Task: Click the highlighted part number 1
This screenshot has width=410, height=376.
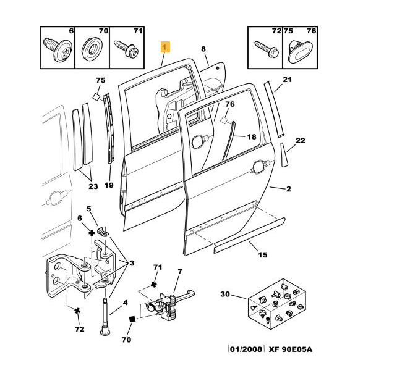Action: tap(165, 46)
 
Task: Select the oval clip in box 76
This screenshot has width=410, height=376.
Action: tap(300, 51)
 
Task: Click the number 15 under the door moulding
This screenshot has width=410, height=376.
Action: tap(262, 254)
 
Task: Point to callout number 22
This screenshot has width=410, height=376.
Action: tap(301, 141)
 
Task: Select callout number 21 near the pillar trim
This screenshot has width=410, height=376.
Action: tap(286, 80)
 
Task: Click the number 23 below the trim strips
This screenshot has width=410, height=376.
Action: tap(93, 186)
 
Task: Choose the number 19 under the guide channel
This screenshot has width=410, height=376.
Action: tap(109, 185)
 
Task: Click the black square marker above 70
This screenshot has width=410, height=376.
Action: tap(131, 319)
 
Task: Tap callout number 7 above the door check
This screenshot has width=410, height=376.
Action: tap(179, 272)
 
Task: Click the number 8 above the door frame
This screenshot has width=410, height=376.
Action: tap(202, 49)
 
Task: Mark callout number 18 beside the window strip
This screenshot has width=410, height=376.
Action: tap(252, 137)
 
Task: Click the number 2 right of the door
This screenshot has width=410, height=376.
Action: tap(288, 189)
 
